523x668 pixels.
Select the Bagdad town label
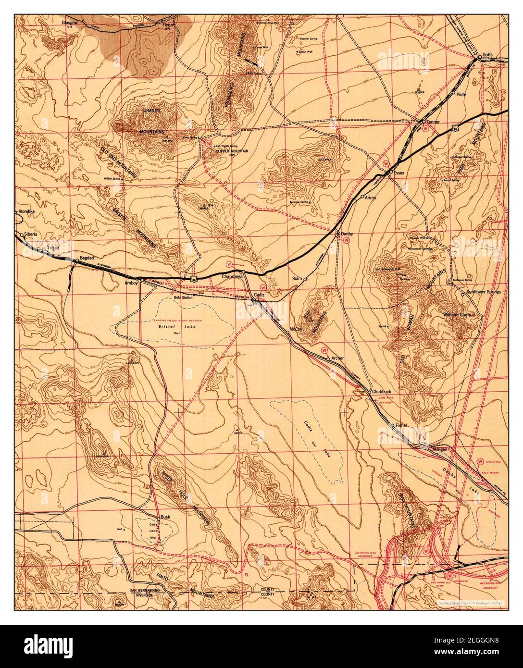coord(86,258)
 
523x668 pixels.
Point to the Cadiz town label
coord(260,294)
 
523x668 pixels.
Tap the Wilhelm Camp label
coord(457,314)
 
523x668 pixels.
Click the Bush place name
coord(165,517)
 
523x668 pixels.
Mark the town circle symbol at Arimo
coord(362,197)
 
